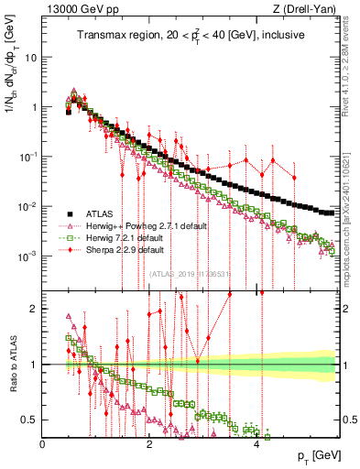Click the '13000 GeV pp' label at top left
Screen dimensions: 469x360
point(76,9)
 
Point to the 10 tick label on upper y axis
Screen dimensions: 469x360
point(30,57)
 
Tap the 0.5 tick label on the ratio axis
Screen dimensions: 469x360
point(29,420)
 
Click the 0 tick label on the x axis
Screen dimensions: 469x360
point(43,444)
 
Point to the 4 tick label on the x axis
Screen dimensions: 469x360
point(256,444)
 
